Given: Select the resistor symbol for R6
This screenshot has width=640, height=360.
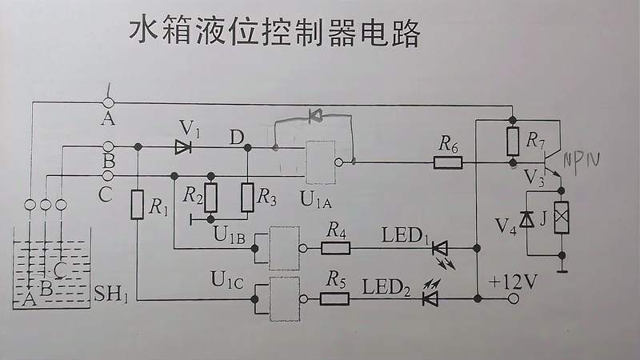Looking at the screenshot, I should click(448, 162).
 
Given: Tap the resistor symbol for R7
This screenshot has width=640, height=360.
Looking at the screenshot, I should click(514, 141).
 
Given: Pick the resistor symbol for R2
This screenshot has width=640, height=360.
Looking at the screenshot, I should click(210, 196).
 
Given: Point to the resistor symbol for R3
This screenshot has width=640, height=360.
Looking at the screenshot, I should click(247, 196).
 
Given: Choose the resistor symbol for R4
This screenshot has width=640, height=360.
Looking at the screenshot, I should click(336, 248).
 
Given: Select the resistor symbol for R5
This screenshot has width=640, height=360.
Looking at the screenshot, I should click(334, 298).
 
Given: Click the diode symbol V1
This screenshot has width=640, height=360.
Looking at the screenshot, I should click(184, 146).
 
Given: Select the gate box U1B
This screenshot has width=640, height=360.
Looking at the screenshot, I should click(284, 248).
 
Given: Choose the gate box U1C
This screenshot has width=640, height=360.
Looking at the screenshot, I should click(284, 298).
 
